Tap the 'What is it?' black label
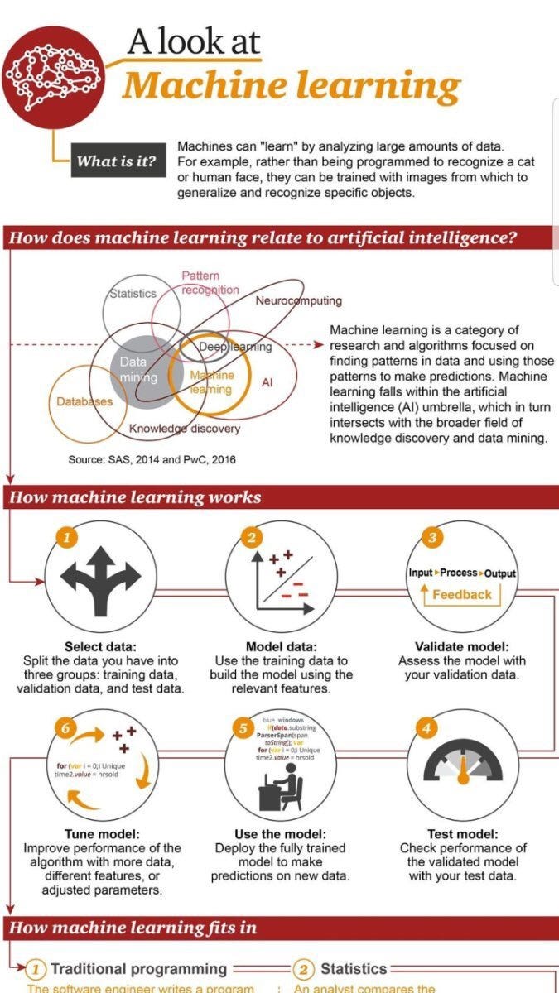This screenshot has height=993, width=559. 117,161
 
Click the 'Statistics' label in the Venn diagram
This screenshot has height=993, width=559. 133,294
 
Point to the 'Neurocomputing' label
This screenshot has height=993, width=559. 298,300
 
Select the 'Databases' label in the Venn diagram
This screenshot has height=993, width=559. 84,402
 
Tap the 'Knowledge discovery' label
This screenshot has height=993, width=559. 185,429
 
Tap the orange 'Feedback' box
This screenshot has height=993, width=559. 461,594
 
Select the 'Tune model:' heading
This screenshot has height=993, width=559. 101,834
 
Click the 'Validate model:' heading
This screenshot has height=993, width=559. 461,647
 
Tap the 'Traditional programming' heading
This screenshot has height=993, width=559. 138,968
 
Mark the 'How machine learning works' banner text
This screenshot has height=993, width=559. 135,497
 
